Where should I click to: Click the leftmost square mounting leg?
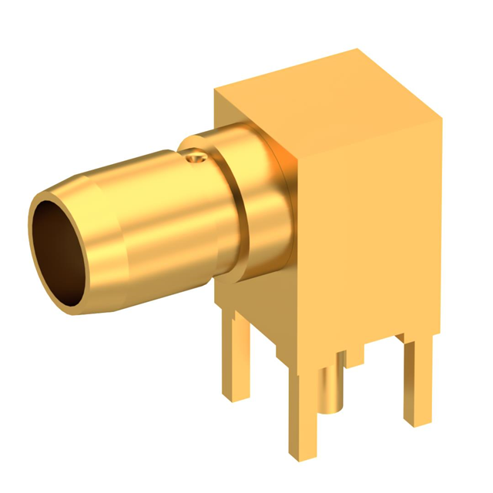pyautogui.click(x=236, y=354)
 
